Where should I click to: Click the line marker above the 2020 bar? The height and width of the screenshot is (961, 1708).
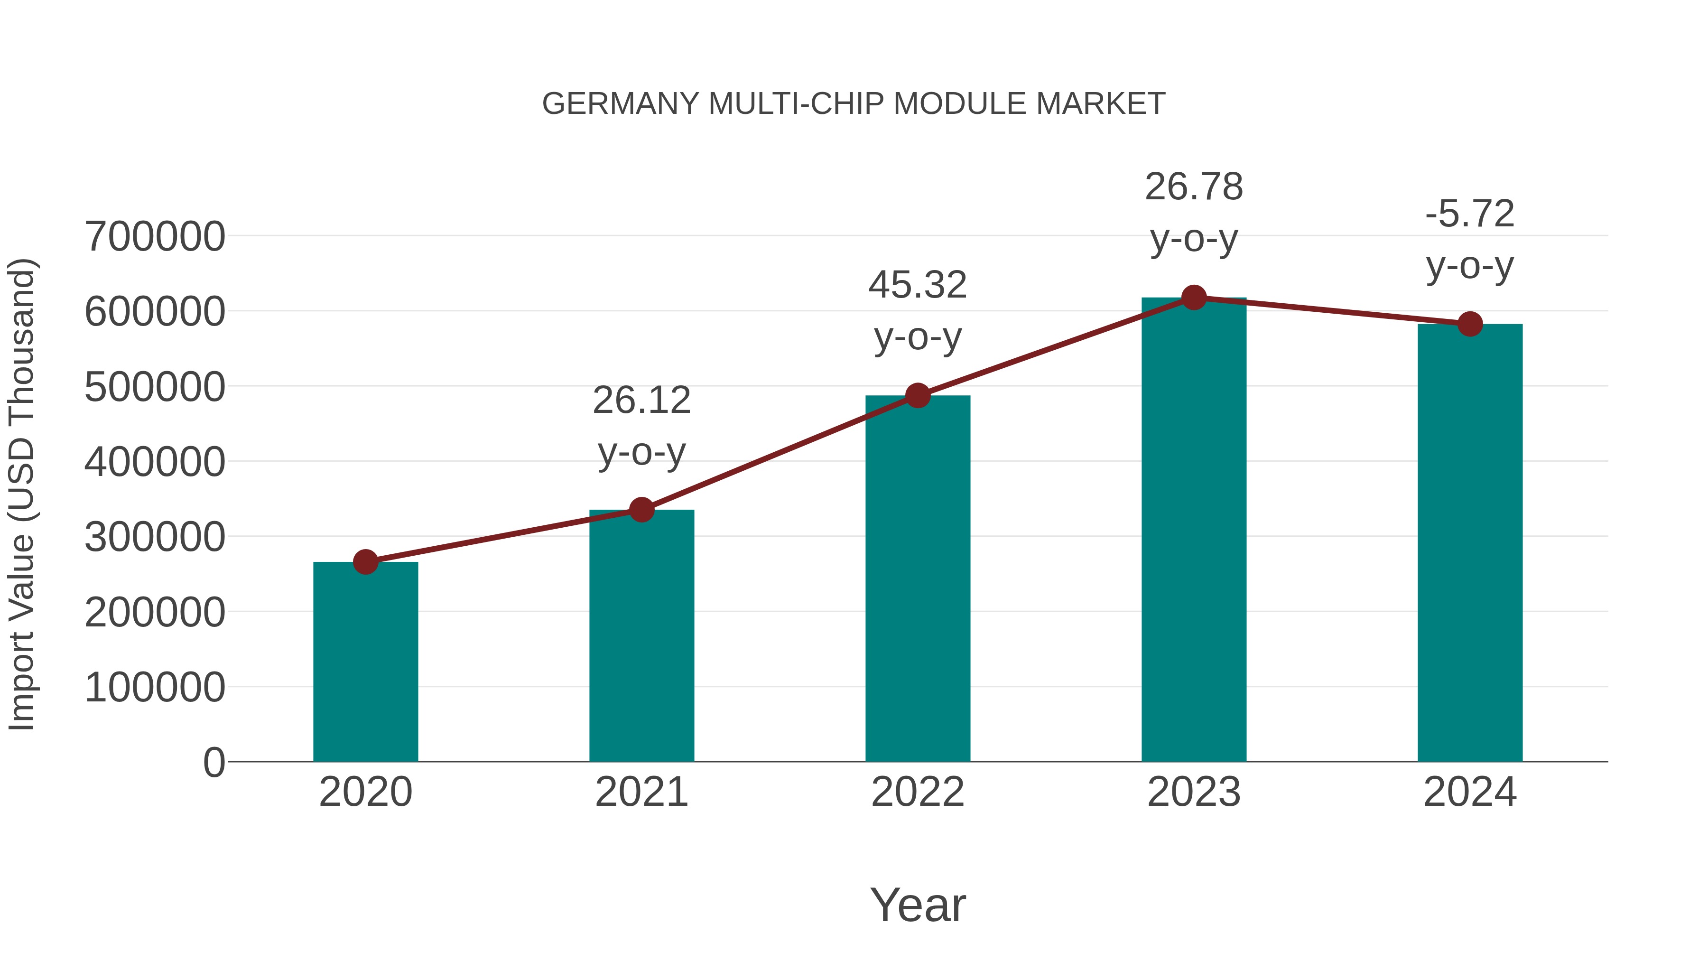[365, 562]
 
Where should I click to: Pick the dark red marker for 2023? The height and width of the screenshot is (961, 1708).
[1194, 298]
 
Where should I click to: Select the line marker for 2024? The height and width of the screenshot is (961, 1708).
[1470, 324]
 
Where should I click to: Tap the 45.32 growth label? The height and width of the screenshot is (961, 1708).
[918, 285]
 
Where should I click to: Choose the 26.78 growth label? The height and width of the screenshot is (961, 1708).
[1194, 187]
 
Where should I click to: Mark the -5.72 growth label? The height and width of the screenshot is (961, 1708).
[1470, 214]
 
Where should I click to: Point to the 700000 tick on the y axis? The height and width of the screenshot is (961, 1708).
[155, 236]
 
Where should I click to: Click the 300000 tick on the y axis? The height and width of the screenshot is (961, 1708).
[155, 537]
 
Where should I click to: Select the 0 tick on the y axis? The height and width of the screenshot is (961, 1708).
[214, 762]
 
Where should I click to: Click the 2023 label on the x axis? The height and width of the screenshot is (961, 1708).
[1194, 792]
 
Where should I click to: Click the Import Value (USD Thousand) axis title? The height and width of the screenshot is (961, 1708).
[21, 494]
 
